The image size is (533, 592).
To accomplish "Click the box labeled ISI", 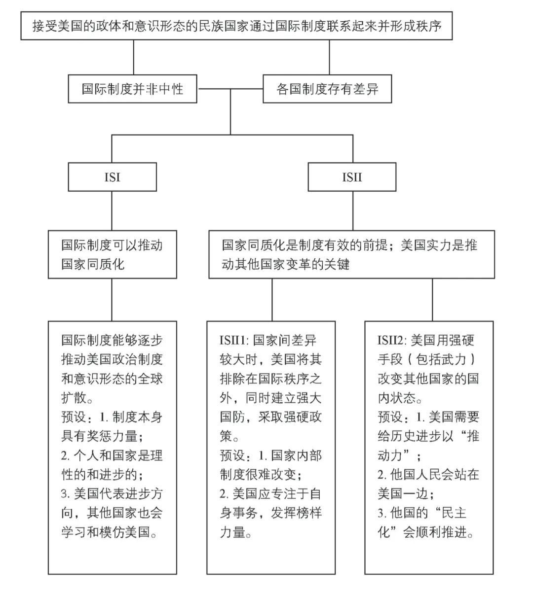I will (112, 177).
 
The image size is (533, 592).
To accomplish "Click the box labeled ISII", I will (351, 177).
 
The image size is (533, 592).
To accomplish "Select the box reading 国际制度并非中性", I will (132, 89).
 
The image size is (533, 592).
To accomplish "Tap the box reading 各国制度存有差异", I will (327, 89).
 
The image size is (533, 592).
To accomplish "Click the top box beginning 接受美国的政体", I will (236, 26).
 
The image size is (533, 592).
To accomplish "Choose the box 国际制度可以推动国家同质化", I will (112, 254).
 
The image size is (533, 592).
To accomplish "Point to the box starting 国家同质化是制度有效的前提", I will (351, 254).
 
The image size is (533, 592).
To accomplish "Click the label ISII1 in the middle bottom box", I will (234, 341).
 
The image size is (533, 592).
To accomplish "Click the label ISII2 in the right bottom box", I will (392, 341).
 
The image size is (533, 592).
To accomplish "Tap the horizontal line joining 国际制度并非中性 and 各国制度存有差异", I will (230, 89).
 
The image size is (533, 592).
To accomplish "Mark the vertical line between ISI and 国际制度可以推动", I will (112, 210).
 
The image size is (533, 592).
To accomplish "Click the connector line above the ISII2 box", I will (432, 300).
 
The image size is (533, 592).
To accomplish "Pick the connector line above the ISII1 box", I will (271, 300).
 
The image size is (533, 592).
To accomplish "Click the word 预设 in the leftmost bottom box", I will (74, 418).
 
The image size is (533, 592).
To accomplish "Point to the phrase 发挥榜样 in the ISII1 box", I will (296, 513).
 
